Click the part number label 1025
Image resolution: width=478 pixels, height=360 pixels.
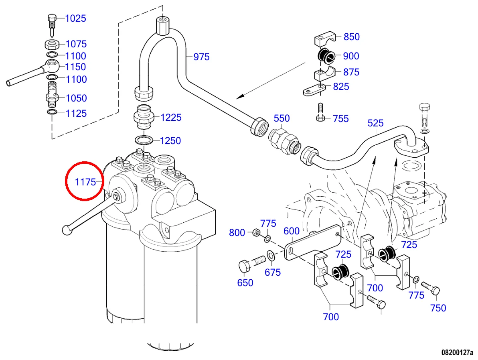[76, 18]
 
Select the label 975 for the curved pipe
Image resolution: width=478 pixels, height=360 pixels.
[201, 57]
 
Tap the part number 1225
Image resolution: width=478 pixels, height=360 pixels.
[171, 118]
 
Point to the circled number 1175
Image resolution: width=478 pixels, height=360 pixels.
[85, 182]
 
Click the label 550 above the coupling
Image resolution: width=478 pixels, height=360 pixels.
[282, 118]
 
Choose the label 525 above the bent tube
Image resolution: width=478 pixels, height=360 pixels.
[375, 123]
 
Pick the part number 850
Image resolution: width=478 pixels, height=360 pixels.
[351, 37]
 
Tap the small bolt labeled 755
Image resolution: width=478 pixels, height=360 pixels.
[320, 113]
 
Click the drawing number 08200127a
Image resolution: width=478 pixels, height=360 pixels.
[457, 352]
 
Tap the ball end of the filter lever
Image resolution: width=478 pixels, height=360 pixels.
[67, 230]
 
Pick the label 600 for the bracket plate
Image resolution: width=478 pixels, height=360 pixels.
[292, 231]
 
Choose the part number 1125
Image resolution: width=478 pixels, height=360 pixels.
[76, 113]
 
